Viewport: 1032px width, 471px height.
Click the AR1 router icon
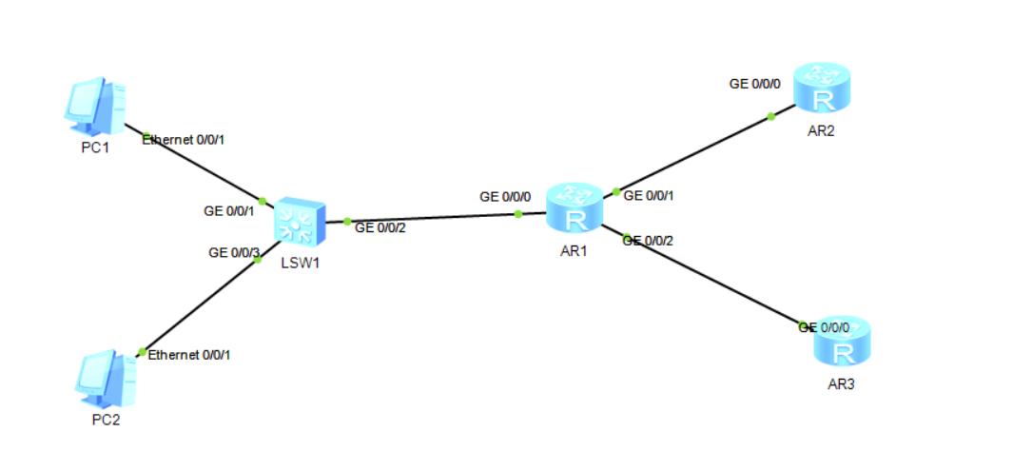574,208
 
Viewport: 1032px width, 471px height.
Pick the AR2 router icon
820,88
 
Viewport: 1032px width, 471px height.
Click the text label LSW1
300,264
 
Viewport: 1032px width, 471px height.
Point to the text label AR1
574,250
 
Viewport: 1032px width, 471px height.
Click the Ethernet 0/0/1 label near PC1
183,140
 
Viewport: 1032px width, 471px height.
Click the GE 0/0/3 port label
234,252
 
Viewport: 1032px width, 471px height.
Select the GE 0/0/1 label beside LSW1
229,210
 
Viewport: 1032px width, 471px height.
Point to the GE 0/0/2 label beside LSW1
380,227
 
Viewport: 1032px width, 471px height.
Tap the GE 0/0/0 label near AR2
755,84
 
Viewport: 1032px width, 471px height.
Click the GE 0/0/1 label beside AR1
649,196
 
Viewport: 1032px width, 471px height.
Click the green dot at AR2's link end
770,117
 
